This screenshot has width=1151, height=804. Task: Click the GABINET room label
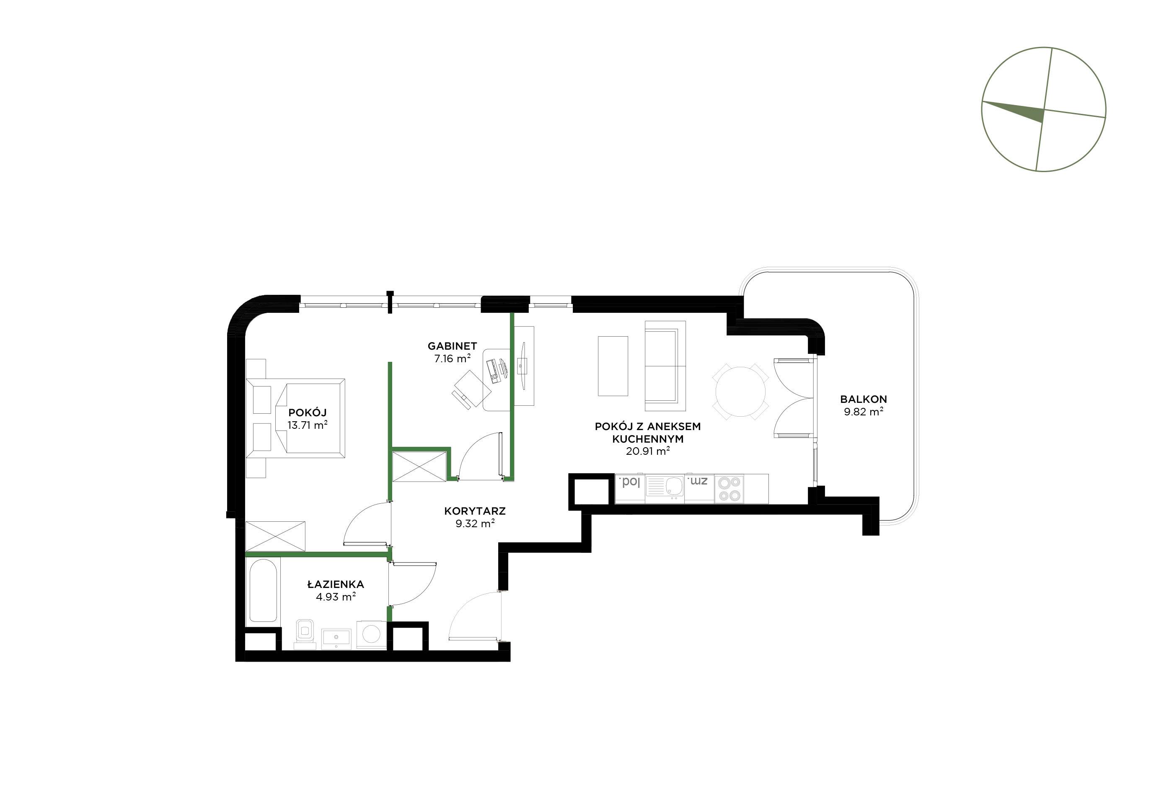452,345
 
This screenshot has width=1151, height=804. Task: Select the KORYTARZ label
475,511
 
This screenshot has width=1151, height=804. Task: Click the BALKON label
863,399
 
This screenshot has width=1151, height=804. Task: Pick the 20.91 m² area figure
648,451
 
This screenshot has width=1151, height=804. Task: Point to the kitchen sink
665,488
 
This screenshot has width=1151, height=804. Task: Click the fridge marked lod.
630,488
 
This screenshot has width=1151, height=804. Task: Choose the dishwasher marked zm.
699,488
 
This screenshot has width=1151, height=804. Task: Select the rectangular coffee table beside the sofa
613,366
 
